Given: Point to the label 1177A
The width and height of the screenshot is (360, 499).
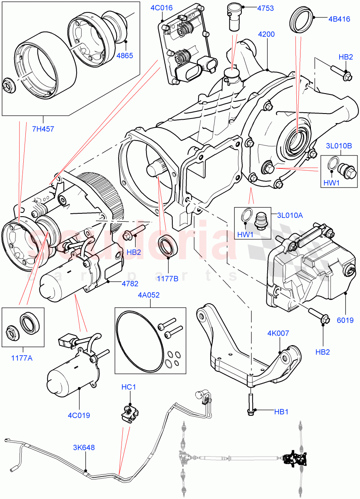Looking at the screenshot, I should pos(22,356).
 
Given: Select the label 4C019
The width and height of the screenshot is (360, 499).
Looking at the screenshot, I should pos(79,415).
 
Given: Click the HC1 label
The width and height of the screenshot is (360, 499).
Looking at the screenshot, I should pos(129,387).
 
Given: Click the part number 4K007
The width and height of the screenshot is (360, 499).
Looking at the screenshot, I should pos(278,333).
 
